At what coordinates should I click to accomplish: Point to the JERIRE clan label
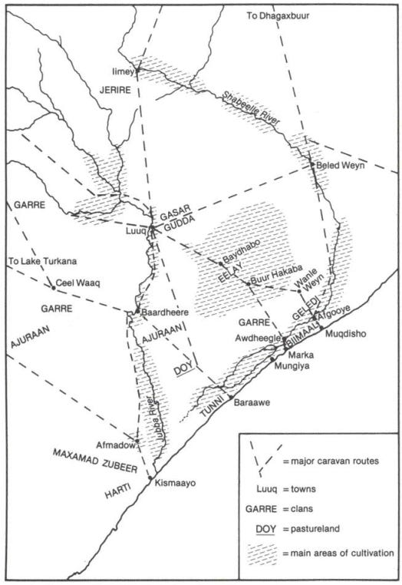tap(117, 90)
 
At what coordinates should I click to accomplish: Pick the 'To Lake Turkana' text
tap(39, 259)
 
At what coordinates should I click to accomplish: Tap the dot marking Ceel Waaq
tap(54, 289)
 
